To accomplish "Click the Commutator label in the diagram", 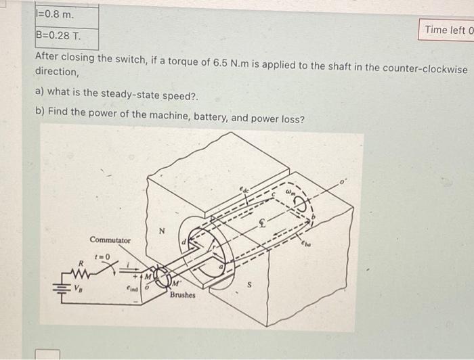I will [x=110, y=240].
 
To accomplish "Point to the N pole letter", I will [x=161, y=232].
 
